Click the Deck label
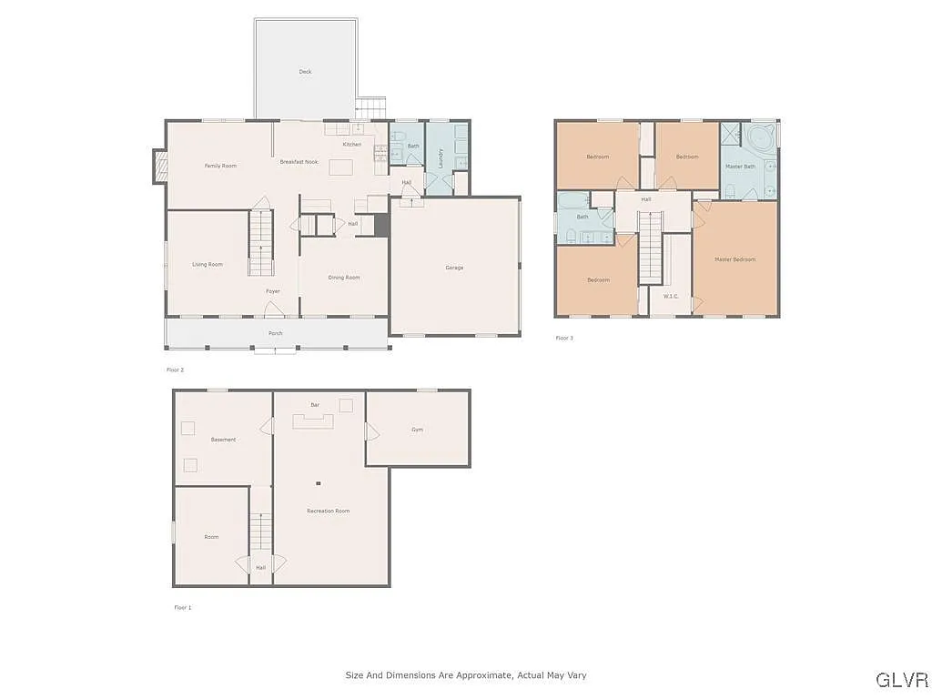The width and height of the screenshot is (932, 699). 305,71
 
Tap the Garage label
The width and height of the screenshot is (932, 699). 454,268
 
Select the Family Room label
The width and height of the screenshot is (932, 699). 220,166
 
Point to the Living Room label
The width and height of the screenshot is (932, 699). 208,265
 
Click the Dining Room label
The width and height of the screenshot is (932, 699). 344,278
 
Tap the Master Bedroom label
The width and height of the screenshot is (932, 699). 734,259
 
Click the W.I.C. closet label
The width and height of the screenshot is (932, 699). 671,296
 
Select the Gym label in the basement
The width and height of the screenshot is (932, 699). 417,430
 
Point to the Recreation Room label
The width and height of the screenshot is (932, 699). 328,511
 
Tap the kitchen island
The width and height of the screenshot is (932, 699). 340,167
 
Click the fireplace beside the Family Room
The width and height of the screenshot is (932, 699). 159,167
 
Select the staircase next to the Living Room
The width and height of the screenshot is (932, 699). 261,242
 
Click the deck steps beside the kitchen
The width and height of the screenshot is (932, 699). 370,108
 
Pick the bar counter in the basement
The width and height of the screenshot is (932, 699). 312,420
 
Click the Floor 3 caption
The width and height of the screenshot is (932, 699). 564,338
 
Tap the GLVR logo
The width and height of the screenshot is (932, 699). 901,680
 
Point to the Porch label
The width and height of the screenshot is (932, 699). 275,333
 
